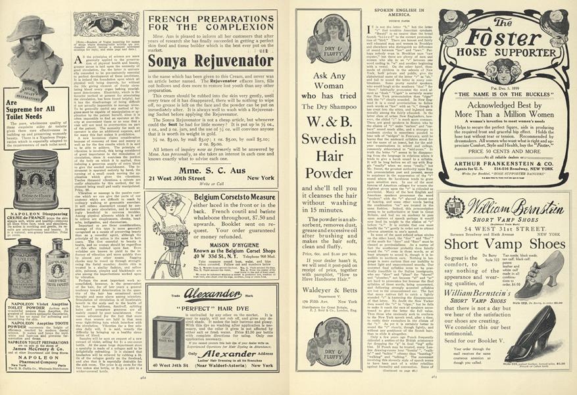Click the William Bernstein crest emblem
tap(455, 208)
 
